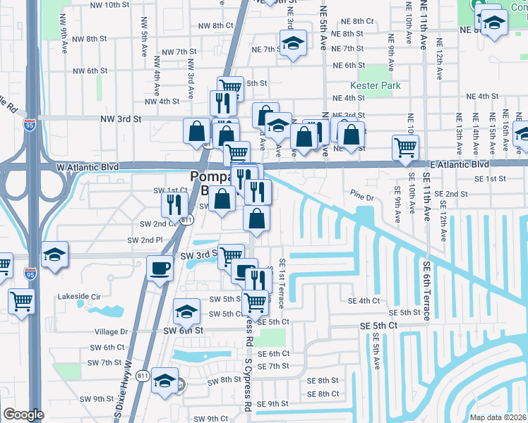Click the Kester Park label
(x=379, y=85)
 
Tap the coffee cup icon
(x=160, y=269)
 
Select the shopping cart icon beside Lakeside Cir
(x=22, y=301)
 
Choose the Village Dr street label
(x=111, y=331)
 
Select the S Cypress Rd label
(x=248, y=384)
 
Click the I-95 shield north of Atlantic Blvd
(x=29, y=125)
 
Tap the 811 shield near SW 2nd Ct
(x=186, y=220)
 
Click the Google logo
(x=23, y=415)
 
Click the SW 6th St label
(x=185, y=330)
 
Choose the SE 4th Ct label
(x=364, y=301)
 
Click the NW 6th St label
(x=89, y=70)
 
